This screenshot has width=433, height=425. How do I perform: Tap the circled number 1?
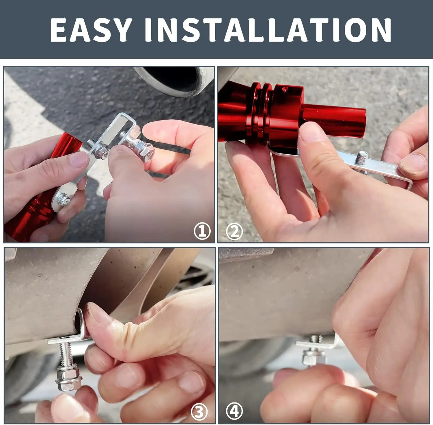pos(202,231)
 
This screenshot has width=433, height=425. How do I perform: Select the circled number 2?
pos(234,232)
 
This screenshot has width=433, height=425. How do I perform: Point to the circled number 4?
pos(234,411)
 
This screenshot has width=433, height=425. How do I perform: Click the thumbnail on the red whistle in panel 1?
pos(78,159)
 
